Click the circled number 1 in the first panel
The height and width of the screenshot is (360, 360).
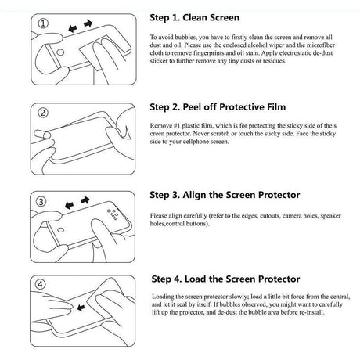[43, 23]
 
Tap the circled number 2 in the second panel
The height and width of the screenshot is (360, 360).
[43, 113]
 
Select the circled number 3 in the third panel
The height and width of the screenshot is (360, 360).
[41, 201]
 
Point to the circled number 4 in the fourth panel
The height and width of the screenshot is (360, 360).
[41, 284]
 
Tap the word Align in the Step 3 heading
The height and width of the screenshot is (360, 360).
[194, 195]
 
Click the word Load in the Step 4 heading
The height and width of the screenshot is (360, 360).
[196, 279]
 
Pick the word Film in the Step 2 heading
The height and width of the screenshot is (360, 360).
[276, 107]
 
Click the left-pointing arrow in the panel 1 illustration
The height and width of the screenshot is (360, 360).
[72, 28]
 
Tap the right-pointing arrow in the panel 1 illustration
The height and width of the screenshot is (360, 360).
[88, 23]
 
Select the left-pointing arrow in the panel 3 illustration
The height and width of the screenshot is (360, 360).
[69, 205]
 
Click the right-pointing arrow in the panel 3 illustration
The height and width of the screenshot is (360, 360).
[85, 200]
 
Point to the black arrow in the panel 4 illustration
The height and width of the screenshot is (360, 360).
[81, 308]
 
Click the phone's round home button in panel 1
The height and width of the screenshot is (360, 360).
[60, 52]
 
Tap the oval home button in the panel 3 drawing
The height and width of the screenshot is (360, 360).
[61, 230]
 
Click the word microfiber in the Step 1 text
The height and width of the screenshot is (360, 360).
[321, 45]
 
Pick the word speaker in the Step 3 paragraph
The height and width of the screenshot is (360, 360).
[330, 216]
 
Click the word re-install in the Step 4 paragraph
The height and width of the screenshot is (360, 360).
[312, 312]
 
